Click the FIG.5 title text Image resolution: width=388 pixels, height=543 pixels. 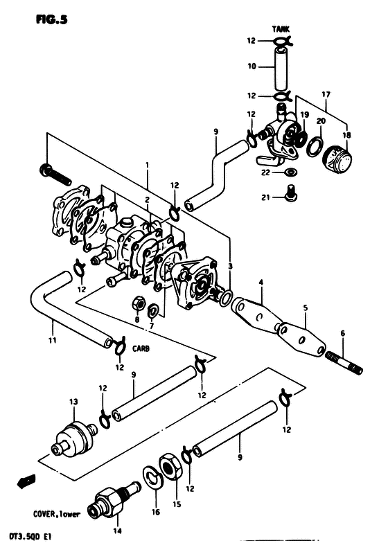click(x=51, y=20)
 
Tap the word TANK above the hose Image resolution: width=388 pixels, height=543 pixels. click(x=281, y=29)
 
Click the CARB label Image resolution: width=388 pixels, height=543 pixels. click(x=141, y=348)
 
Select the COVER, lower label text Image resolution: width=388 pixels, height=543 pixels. click(x=57, y=514)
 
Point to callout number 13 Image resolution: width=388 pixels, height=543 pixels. click(x=73, y=402)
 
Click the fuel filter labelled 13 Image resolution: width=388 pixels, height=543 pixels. click(x=73, y=438)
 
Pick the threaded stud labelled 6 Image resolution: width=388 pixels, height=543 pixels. click(x=344, y=363)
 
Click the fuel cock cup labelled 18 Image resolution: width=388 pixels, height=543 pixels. click(x=337, y=159)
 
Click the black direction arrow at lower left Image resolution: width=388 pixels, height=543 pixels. click(x=26, y=481)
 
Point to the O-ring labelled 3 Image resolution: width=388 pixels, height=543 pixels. click(x=226, y=298)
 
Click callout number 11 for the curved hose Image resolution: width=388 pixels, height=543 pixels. click(x=52, y=341)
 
